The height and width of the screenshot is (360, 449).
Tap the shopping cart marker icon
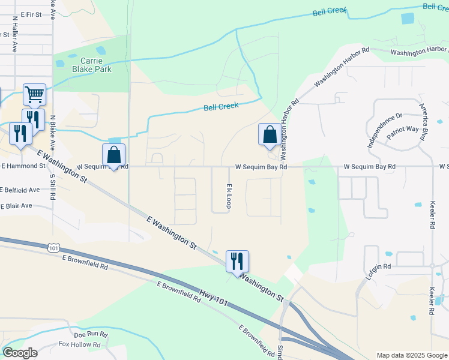[35, 94]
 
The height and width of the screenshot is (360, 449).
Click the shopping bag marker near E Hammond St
[113, 155]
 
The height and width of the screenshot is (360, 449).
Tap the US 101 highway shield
[53, 247]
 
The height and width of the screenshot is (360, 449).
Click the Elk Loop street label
[229, 196]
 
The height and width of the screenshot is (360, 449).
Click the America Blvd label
[423, 122]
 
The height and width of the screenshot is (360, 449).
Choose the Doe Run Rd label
[91, 334]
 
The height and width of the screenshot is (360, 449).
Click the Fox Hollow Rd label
[79, 344]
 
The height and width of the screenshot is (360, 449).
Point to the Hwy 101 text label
[214, 296]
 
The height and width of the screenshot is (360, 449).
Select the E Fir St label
[30, 13]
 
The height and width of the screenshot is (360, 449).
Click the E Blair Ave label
[16, 205]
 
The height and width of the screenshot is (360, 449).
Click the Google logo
[20, 353]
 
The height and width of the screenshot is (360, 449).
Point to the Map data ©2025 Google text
[412, 355]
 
